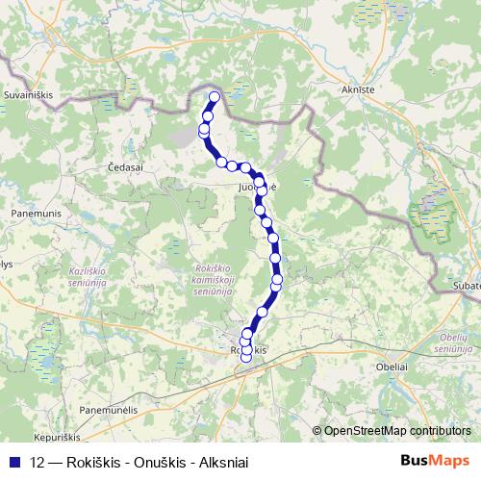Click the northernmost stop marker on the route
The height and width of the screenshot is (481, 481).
(214, 96)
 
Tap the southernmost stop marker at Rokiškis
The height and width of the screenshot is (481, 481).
(245, 358)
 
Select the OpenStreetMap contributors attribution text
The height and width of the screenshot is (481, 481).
(399, 431)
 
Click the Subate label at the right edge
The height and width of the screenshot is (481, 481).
(466, 286)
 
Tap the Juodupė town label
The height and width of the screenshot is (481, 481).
(258, 189)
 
